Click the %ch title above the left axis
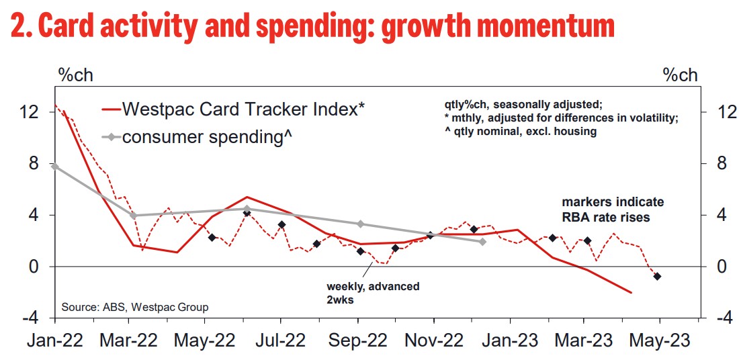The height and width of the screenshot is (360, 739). click(76, 76)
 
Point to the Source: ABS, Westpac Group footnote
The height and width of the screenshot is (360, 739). click(134, 307)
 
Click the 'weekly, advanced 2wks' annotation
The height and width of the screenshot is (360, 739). click(373, 292)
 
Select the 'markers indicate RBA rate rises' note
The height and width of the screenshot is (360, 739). click(613, 210)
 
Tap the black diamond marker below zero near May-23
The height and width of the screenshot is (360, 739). click(657, 276)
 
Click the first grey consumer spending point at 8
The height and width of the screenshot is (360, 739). click(54, 166)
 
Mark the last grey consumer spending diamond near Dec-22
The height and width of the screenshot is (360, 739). click(482, 241)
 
